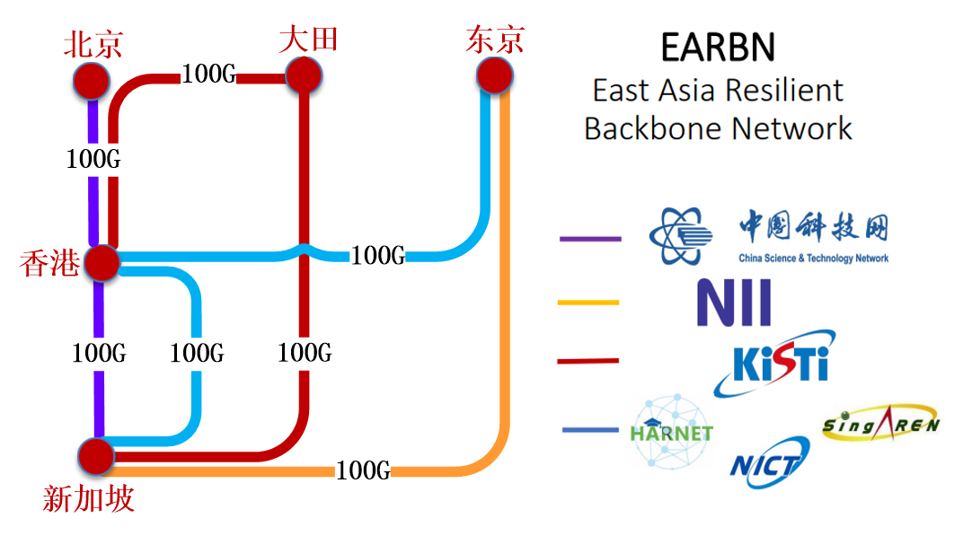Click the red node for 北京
(91, 80)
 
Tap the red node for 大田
(304, 75)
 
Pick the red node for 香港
(101, 262)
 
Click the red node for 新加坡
(95, 457)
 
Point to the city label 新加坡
(88, 498)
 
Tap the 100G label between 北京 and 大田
(208, 75)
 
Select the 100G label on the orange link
(363, 470)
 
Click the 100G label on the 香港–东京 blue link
(378, 256)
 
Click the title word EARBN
(717, 48)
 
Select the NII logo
(734, 303)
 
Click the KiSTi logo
(778, 364)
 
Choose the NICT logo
(769, 463)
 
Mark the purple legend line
(589, 239)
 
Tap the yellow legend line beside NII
(588, 303)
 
